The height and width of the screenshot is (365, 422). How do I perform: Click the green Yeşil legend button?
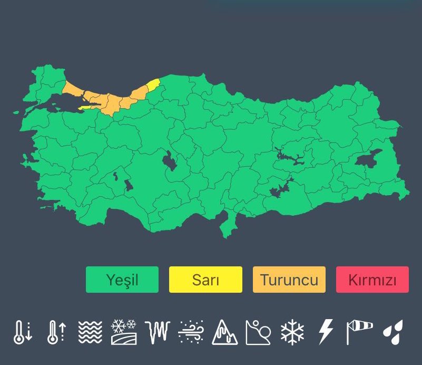[x=122, y=279]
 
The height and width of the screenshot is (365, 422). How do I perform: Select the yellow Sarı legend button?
[x=205, y=279]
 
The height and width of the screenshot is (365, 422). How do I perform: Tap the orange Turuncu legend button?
[x=289, y=279]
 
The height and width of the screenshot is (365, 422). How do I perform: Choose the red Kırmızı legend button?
[x=372, y=279]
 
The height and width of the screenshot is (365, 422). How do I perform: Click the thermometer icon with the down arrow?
[x=23, y=332]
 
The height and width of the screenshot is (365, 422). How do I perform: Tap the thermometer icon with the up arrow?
[x=56, y=332]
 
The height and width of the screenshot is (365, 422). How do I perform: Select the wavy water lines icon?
[x=90, y=332]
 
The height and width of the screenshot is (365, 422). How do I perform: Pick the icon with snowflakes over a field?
[x=124, y=332]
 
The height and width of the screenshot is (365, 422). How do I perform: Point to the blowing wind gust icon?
[x=191, y=332]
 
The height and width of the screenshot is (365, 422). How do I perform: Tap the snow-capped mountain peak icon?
[x=225, y=332]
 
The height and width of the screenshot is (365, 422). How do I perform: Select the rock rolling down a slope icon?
[x=258, y=332]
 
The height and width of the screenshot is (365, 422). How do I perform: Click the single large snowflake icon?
[x=292, y=332]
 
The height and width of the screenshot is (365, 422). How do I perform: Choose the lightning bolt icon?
[x=326, y=332]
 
